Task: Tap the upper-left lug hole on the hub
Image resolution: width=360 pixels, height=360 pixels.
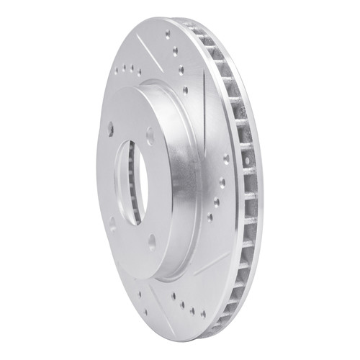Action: coord(110,127)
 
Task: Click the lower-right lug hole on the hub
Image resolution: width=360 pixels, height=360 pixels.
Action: coord(151,243)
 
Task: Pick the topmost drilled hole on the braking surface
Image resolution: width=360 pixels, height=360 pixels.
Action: coord(168,34)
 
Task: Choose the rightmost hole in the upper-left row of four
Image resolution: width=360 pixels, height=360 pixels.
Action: coord(139,73)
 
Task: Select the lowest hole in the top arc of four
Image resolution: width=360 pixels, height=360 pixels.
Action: coord(185,90)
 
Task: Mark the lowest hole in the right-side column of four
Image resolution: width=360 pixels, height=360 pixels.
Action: coord(210,217)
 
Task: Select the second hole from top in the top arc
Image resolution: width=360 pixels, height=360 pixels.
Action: coord(176,51)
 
